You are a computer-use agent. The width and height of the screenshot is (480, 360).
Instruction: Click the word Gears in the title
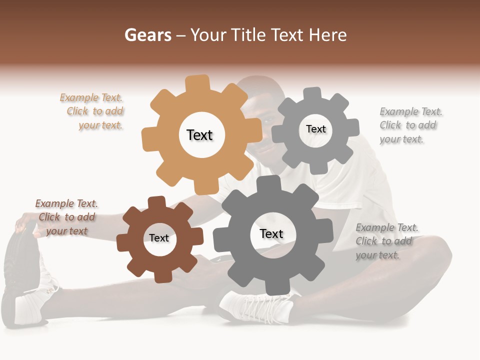pos(147,35)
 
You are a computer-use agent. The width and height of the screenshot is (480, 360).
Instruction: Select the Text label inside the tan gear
pos(199,135)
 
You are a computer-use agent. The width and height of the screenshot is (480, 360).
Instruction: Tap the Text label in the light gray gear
pos(315,129)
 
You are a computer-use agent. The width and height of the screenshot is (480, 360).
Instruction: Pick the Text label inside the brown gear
pos(159,238)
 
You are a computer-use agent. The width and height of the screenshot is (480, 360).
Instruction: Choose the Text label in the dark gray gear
pos(271,233)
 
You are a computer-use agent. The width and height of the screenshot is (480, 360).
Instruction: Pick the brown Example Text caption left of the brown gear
pos(66,217)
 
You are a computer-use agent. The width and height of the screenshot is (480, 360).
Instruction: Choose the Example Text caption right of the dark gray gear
pos(384,241)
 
